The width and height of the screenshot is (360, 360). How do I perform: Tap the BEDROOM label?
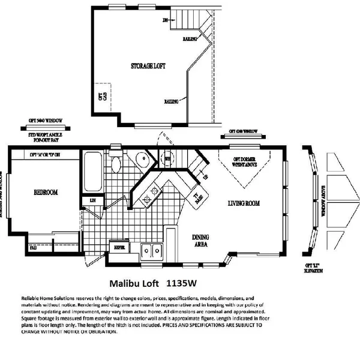point(46,193)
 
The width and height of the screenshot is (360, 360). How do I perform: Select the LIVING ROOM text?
point(244,203)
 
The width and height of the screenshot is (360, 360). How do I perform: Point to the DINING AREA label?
point(200,241)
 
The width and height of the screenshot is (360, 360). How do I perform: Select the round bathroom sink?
point(141,160)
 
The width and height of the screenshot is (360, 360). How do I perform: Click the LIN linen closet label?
point(93,200)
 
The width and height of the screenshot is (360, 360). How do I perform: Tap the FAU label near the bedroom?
point(16,247)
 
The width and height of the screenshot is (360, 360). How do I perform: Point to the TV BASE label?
point(196,199)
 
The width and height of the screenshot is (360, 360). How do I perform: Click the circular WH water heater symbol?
point(169,158)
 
